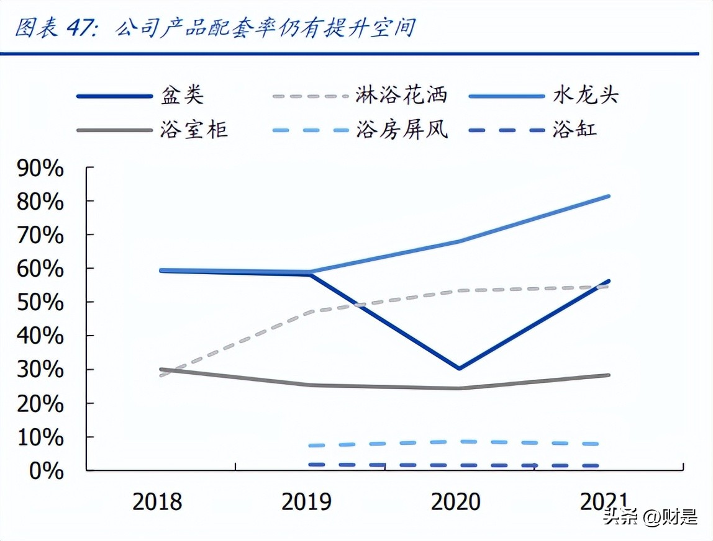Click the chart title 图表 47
click(214, 28)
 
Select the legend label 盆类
click(182, 96)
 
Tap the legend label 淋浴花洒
click(401, 96)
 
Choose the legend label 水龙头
click(585, 96)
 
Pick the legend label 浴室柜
click(194, 130)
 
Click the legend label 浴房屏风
click(401, 130)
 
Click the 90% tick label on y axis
click(40, 168)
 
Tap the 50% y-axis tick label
click(40, 303)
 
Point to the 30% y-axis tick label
click(40, 370)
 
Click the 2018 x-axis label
click(157, 502)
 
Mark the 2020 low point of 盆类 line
click(459, 369)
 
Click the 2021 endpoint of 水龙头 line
click(608, 196)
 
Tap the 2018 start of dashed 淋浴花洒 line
click(161, 375)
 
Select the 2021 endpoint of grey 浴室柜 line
click(608, 375)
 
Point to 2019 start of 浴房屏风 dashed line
click(311, 445)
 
